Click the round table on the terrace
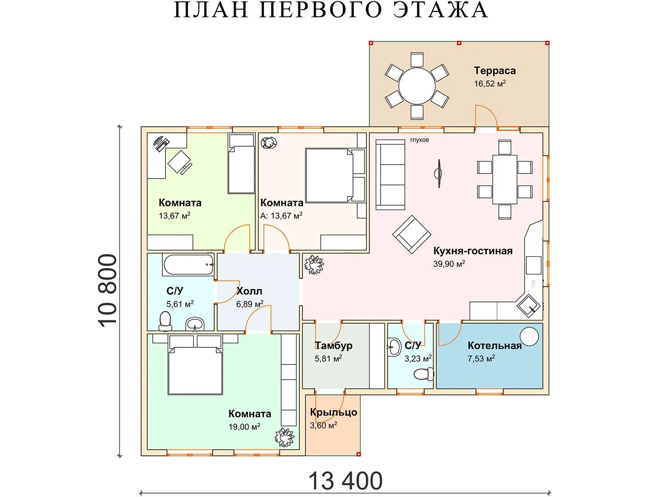417,86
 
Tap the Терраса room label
495,70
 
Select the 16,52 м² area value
490,84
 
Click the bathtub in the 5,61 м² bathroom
188,265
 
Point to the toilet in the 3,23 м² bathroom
423,375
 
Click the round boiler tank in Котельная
529,336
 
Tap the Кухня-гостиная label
473,251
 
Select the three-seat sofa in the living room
390,175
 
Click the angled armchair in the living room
411,234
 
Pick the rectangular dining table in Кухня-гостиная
505,179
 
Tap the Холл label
249,291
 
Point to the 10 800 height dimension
108,291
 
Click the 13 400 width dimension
346,481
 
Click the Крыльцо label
334,412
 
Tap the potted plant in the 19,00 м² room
284,437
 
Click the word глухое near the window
419,140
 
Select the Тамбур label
334,346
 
